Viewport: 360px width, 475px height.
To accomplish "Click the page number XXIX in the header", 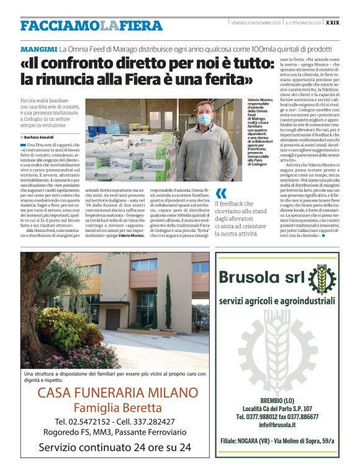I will tap(332, 23).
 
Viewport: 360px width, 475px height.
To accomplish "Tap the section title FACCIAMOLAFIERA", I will tap(91, 25).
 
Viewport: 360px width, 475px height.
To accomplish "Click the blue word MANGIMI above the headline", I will tap(38, 48).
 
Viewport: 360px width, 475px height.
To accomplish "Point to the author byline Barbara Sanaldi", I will tap(38, 137).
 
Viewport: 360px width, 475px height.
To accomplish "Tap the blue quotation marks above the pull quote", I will tap(221, 193).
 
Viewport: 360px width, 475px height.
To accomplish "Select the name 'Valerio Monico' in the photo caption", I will tap(261, 100).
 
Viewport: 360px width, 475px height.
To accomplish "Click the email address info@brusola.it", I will tap(277, 424).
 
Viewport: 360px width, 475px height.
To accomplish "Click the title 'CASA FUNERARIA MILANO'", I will tap(117, 393).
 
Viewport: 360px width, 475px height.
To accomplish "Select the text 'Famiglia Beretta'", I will tap(117, 407).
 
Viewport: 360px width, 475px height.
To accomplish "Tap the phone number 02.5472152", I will tap(83, 422).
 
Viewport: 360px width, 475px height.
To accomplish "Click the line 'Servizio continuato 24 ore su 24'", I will tap(115, 446).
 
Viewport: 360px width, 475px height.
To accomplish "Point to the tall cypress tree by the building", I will tap(168, 303).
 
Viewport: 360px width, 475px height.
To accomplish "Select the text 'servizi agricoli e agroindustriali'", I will tap(277, 301).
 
